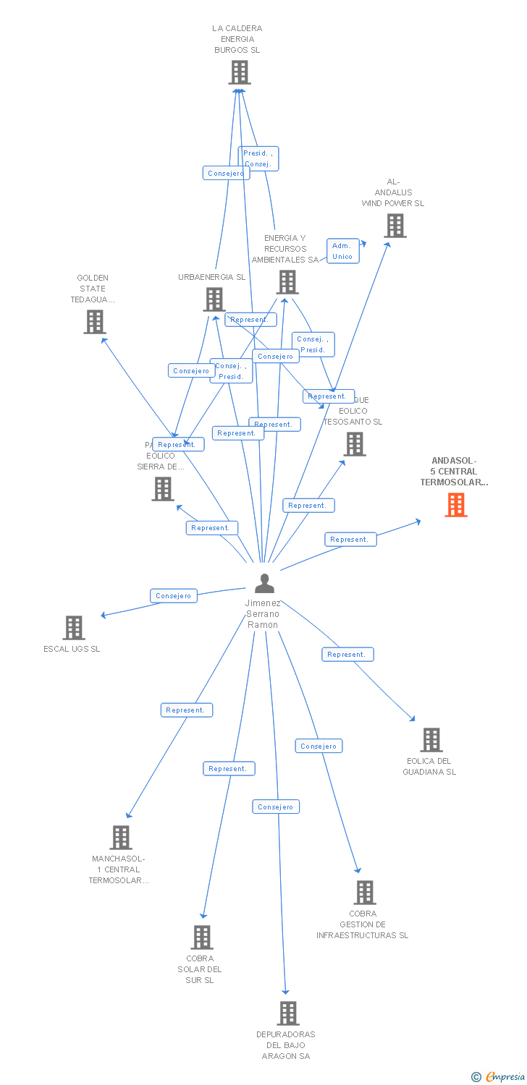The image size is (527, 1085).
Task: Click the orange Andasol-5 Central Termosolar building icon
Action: click(x=455, y=505)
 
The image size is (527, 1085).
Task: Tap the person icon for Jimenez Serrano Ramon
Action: click(x=265, y=583)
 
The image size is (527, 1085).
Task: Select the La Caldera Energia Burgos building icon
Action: click(x=240, y=72)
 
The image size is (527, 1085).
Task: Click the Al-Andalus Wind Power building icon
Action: click(x=395, y=226)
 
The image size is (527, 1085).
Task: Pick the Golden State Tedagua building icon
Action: click(x=95, y=322)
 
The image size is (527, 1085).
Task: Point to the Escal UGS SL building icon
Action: click(x=74, y=628)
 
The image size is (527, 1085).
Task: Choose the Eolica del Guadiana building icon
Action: click(x=431, y=740)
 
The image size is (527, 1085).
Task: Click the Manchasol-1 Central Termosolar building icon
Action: click(x=121, y=838)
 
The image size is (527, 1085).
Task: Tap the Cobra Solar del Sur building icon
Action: click(x=202, y=937)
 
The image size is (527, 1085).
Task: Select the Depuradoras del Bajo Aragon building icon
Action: click(x=287, y=1013)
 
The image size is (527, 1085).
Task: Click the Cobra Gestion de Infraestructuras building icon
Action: click(x=365, y=893)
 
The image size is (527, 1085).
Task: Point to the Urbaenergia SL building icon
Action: click(x=214, y=299)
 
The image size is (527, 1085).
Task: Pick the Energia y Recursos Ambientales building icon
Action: click(x=287, y=282)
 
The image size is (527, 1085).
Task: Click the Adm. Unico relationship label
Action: click(x=342, y=251)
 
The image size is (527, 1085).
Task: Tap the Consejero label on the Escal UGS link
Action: click(x=174, y=596)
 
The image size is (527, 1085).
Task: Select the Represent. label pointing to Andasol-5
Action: click(x=350, y=540)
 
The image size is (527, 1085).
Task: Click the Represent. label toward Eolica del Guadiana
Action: click(x=347, y=655)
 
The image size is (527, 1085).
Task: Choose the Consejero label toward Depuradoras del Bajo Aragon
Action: click(x=275, y=807)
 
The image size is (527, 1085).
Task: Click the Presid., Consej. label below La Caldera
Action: click(x=258, y=158)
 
